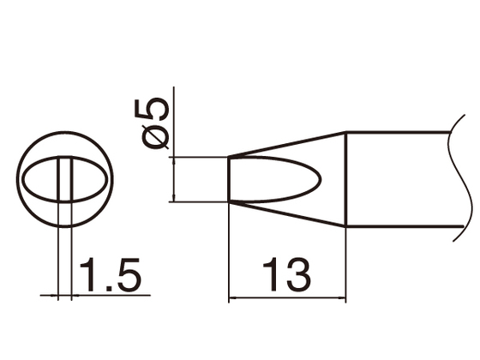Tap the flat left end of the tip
[229, 180]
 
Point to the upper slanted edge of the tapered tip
[287, 144]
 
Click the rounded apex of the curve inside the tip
[321, 180]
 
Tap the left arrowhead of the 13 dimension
[234, 298]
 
